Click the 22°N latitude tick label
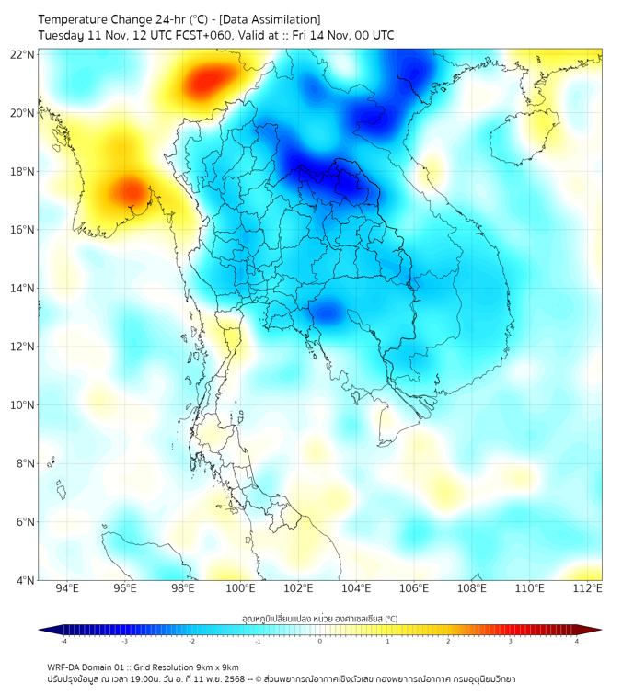pyautogui.click(x=23, y=54)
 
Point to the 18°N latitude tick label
pyautogui.click(x=23, y=171)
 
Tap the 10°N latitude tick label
pyautogui.click(x=23, y=404)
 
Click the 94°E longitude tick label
pyautogui.click(x=67, y=589)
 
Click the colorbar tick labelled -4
pyautogui.click(x=63, y=642)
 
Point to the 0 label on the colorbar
pyautogui.click(x=320, y=642)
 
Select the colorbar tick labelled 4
pyautogui.click(x=576, y=642)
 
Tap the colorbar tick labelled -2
pyautogui.click(x=191, y=642)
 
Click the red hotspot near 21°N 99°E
pyautogui.click(x=208, y=83)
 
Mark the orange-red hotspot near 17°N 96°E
pyautogui.click(x=129, y=191)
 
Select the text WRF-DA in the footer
pyautogui.click(x=65, y=667)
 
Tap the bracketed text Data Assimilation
pyautogui.click(x=271, y=18)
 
